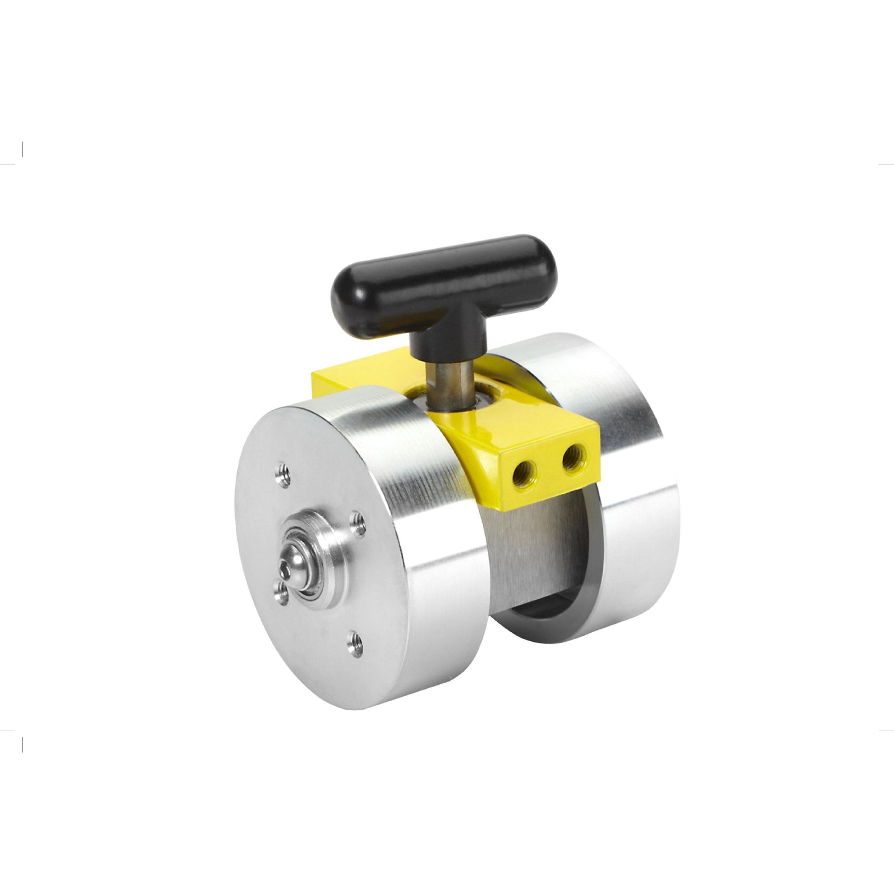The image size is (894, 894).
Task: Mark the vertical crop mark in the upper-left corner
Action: [22, 149]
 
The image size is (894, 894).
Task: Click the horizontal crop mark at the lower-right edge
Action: [886, 730]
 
